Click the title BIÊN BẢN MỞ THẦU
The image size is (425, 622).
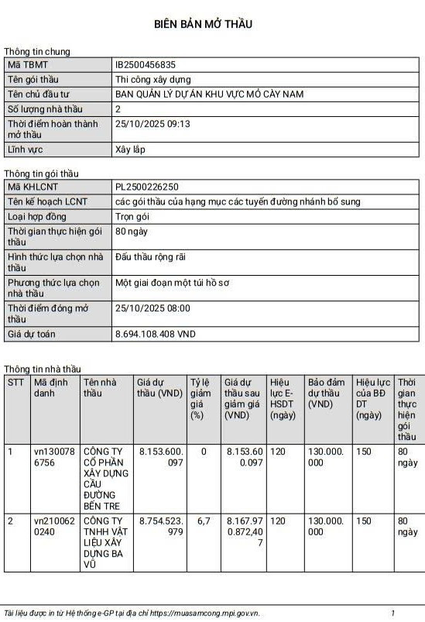[203, 24]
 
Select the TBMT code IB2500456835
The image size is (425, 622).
[146, 65]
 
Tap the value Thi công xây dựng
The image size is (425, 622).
[153, 79]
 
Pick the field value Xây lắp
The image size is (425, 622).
[130, 149]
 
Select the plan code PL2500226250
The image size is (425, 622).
[146, 187]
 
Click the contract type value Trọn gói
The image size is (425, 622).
[132, 216]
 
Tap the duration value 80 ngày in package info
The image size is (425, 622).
[132, 231]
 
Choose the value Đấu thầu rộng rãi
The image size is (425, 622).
[150, 256]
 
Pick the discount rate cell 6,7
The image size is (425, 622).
[204, 521]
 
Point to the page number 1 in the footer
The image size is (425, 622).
[392, 613]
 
